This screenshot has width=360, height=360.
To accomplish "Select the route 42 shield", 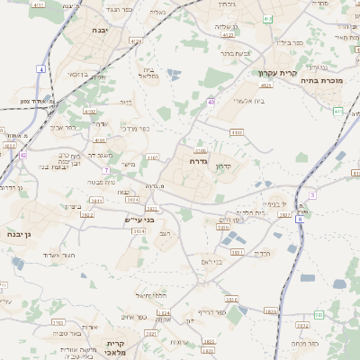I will coord(22,155).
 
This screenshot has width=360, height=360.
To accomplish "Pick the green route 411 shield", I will coord(267,19).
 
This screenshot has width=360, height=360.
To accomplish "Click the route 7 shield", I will coord(105,169).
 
